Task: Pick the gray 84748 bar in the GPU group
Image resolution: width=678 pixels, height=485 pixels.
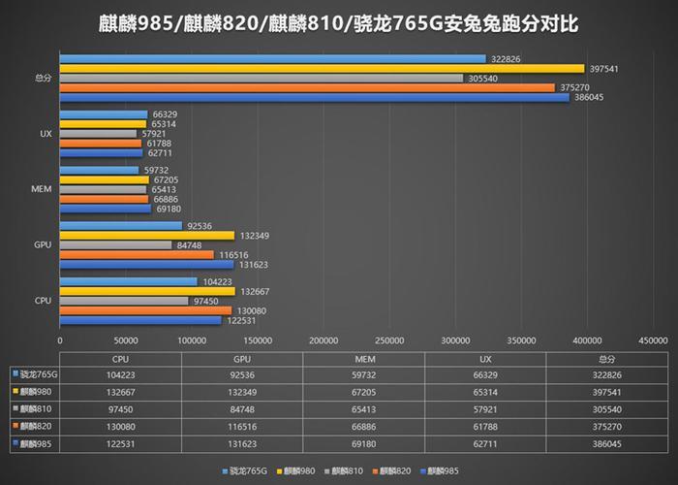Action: (115, 244)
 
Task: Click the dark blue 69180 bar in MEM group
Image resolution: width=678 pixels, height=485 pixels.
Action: (106, 208)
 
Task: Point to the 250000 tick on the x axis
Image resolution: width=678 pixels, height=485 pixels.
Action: (389, 340)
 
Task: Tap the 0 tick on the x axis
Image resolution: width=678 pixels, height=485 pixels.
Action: (60, 340)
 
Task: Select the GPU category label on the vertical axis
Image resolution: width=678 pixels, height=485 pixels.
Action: (43, 244)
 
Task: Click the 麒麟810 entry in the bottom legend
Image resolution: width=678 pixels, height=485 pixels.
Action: (346, 470)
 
